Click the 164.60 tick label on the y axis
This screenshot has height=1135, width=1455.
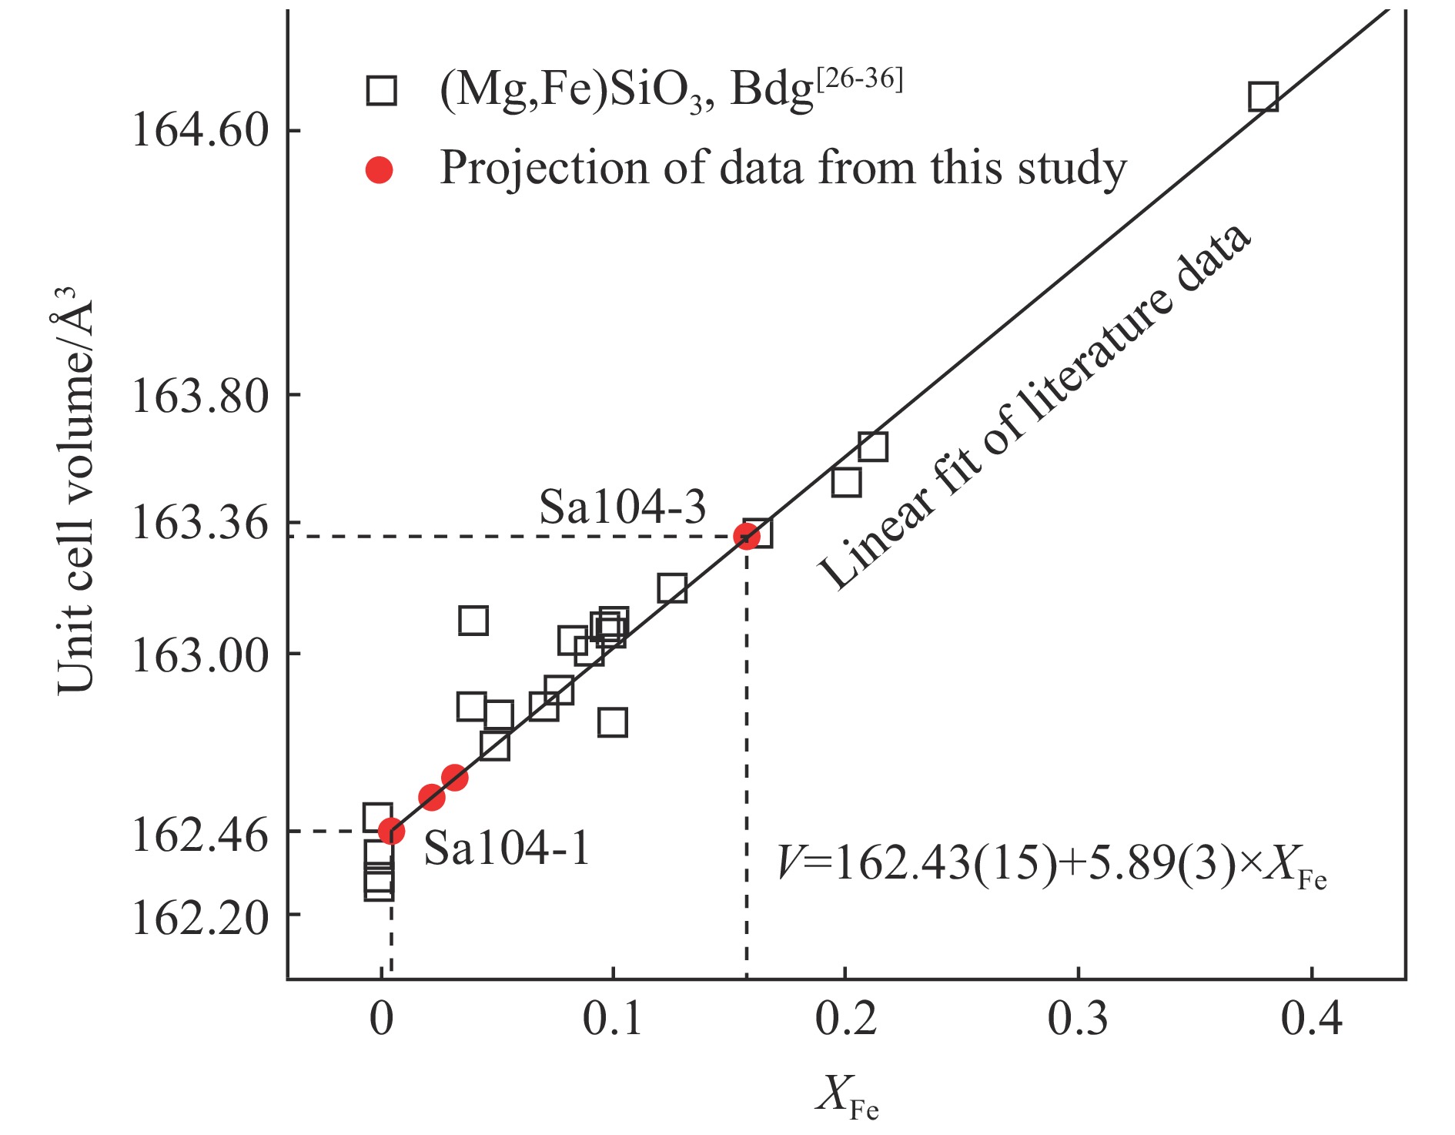(200, 129)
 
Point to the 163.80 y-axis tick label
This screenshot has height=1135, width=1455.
(200, 397)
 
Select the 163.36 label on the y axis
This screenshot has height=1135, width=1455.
(200, 524)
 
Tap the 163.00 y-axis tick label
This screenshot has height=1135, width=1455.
(200, 656)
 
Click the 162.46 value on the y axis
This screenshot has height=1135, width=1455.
(200, 834)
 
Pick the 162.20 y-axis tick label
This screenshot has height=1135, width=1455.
(200, 917)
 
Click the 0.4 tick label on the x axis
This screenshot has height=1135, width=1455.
(1311, 1018)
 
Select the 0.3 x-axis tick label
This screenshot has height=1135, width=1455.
(1078, 1018)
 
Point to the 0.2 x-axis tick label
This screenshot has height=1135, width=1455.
(845, 1018)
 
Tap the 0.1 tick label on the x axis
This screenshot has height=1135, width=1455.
(612, 1018)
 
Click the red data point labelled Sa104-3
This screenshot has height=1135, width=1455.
(745, 535)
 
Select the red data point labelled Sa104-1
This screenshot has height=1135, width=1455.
(391, 831)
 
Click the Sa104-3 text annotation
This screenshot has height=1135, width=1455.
(622, 507)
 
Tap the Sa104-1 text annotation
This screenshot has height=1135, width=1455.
(507, 849)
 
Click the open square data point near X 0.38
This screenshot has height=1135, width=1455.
(1263, 97)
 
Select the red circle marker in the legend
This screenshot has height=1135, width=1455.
(379, 169)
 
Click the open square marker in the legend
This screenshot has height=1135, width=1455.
(380, 90)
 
